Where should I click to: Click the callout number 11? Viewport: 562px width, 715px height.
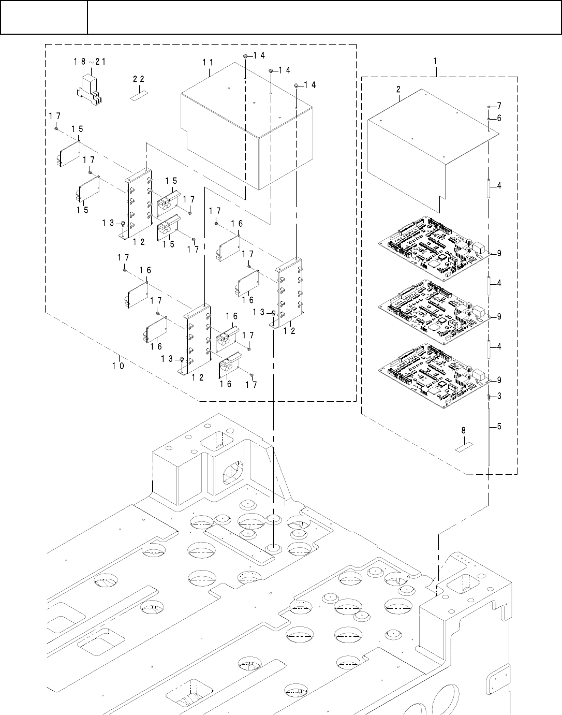(208, 62)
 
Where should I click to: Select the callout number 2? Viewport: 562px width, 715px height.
(398, 89)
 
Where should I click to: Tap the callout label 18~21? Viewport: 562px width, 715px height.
(89, 61)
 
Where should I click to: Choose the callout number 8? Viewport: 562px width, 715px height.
(463, 430)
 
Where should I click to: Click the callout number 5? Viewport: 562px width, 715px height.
(499, 427)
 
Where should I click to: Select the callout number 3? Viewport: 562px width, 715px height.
(499, 396)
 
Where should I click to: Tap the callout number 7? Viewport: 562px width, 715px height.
(499, 105)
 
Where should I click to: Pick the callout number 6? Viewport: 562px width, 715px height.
(499, 118)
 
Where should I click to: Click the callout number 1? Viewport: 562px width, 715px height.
(435, 61)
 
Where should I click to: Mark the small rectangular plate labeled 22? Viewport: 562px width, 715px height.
(138, 96)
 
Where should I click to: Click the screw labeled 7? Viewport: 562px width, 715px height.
(489, 106)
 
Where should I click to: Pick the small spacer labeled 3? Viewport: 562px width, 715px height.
(489, 397)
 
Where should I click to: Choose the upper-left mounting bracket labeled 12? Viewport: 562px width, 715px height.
(139, 202)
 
